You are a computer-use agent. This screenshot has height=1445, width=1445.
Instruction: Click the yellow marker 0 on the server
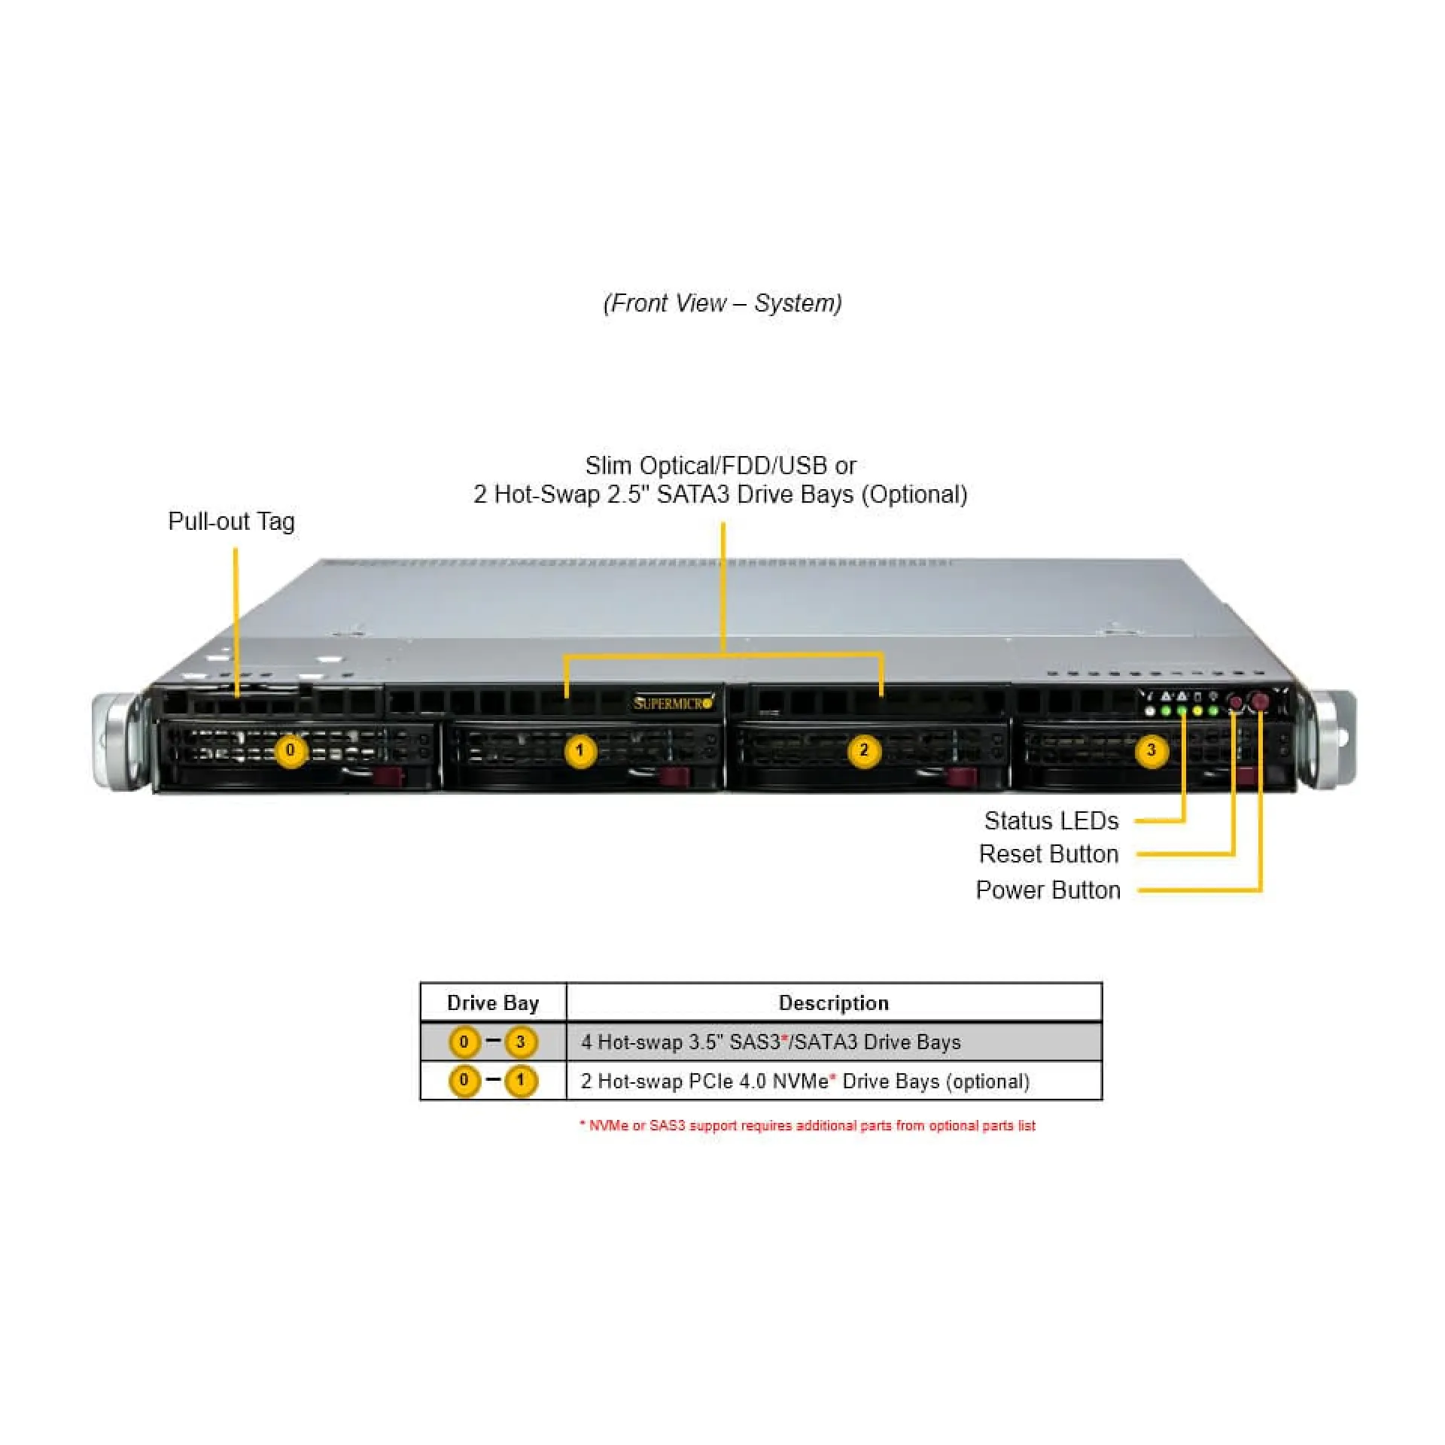291,750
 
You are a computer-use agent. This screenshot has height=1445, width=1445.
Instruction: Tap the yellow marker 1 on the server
580,750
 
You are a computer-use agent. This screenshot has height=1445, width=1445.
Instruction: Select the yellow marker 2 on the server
864,750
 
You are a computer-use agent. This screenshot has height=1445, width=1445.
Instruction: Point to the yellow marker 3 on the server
1151,750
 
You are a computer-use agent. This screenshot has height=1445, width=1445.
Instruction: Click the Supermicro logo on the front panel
672,704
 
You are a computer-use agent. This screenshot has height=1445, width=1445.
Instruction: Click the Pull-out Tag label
231,522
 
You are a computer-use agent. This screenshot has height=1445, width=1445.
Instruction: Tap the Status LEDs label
1051,820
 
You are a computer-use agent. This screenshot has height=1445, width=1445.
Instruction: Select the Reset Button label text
1048,854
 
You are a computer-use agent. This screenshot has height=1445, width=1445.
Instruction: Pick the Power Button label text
1048,890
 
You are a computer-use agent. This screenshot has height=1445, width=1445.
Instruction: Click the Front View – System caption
722,303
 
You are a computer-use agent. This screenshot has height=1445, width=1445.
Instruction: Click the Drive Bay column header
493,1003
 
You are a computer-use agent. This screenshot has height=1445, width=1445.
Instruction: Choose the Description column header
833,1003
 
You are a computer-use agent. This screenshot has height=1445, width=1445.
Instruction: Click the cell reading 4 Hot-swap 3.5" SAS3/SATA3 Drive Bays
771,1042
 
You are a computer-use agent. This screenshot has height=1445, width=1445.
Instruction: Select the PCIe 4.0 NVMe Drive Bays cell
805,1081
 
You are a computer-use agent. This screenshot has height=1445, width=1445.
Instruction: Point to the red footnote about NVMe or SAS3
808,1126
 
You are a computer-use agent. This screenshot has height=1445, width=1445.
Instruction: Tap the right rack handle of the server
1332,740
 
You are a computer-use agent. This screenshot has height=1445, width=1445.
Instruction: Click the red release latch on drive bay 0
389,777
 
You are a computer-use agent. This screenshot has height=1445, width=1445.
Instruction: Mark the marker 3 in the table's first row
520,1042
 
